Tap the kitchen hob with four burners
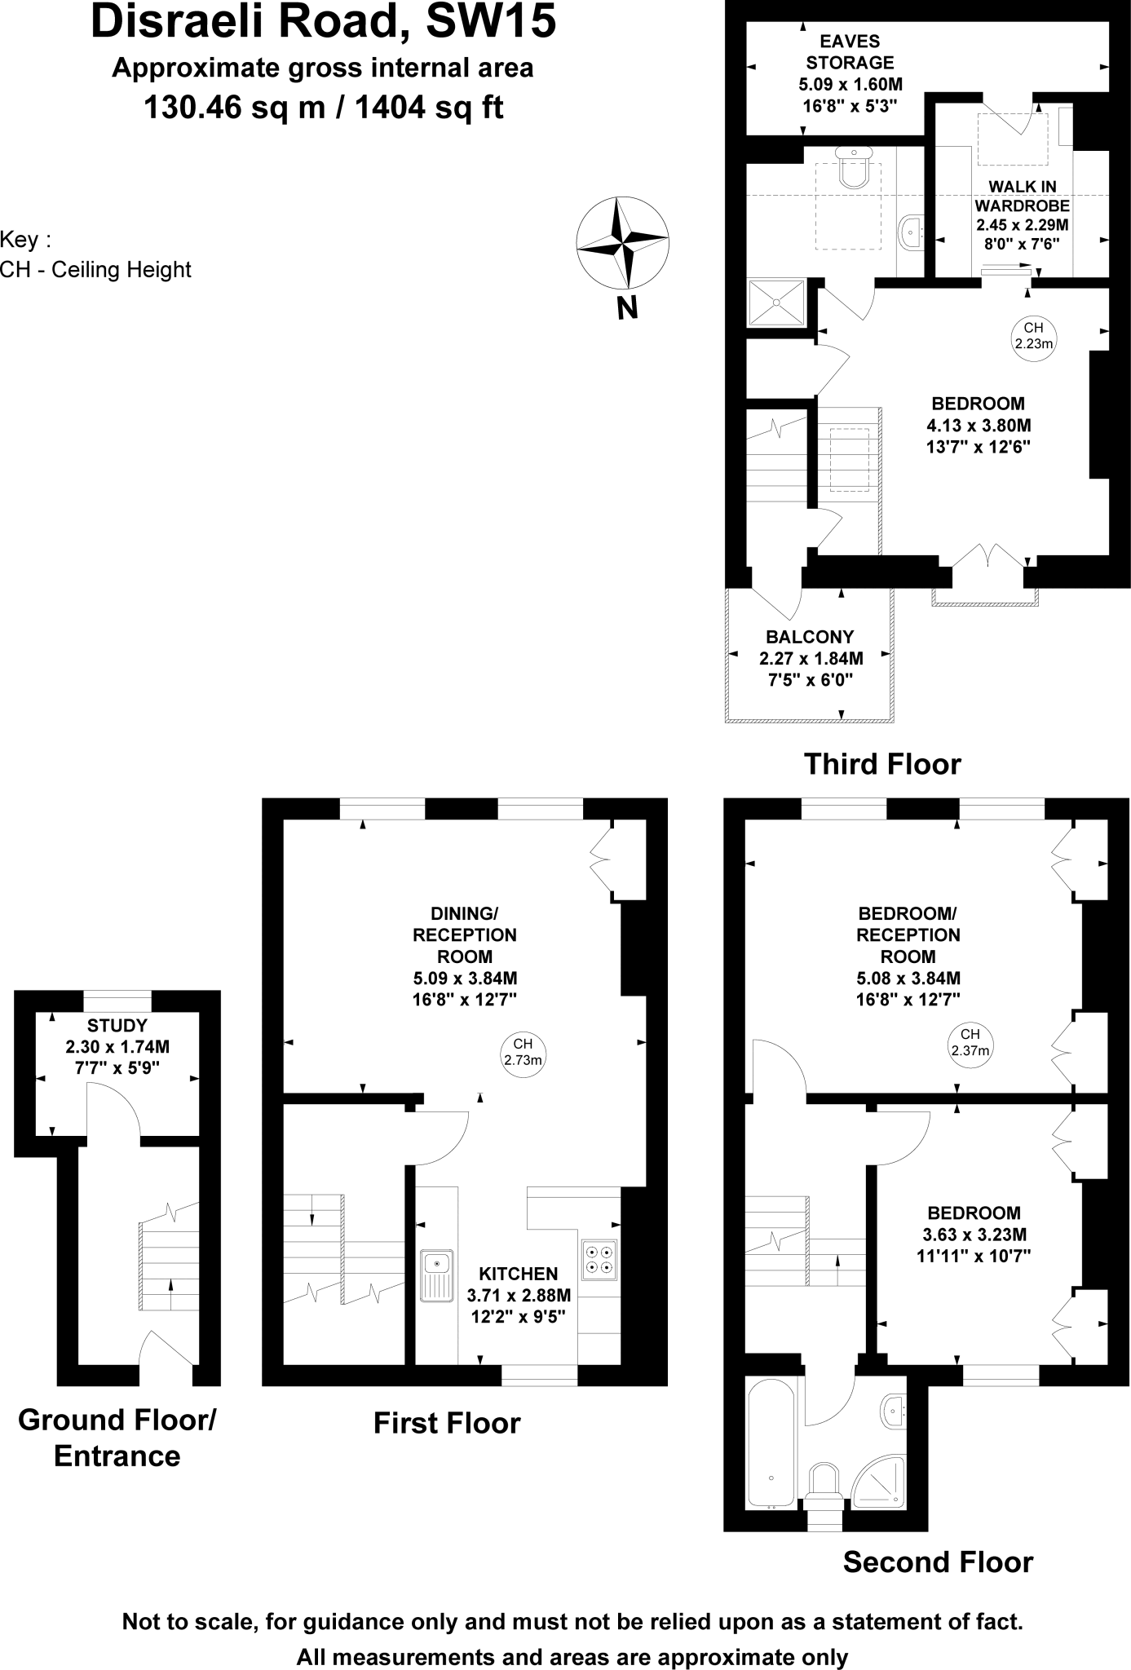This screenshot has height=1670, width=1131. click(x=599, y=1257)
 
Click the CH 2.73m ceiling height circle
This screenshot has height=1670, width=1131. click(x=523, y=1052)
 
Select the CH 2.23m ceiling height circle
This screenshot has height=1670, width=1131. click(x=1033, y=335)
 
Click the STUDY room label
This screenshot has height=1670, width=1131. click(x=117, y=1025)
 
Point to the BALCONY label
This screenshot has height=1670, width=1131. click(x=810, y=637)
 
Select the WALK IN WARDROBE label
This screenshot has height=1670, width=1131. click(x=1022, y=196)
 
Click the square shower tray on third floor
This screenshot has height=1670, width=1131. click(x=776, y=303)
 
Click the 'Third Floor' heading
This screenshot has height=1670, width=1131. click(x=882, y=764)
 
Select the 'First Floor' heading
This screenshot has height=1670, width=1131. click(x=446, y=1423)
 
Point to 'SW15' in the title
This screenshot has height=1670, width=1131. click(x=492, y=22)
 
